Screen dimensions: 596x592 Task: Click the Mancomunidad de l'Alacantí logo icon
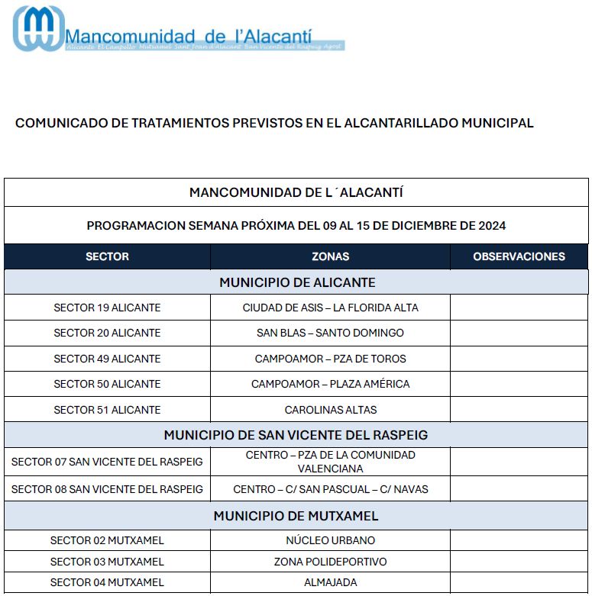[38, 28]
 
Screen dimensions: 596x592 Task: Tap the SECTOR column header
[107, 256]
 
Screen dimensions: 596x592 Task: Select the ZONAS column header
[330, 256]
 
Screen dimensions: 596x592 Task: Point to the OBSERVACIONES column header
[519, 256]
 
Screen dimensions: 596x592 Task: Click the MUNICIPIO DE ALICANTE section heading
[297, 282]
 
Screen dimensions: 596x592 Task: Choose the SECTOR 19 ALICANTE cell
[107, 308]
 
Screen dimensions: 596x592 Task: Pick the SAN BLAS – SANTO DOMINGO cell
[330, 333]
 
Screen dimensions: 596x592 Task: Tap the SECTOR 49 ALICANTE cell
[107, 359]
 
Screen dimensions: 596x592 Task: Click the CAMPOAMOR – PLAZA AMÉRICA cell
[330, 384]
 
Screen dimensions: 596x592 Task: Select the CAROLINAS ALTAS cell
[330, 410]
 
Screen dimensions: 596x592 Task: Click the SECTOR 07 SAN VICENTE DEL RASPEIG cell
[107, 462]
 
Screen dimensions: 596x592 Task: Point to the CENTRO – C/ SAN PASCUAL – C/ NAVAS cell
[330, 488]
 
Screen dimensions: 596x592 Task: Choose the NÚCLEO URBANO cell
[330, 540]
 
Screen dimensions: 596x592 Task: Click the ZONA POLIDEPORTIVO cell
[330, 562]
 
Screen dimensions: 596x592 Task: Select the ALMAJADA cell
[330, 582]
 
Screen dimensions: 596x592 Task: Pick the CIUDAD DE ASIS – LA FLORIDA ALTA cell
[330, 308]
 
